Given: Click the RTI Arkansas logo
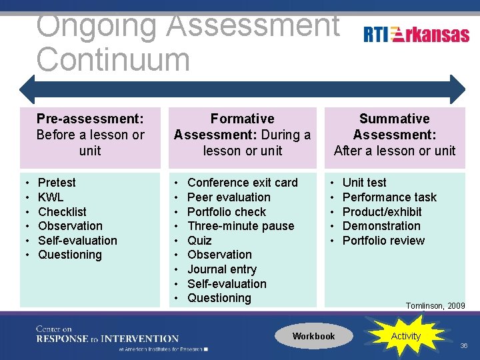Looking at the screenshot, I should pos(417,35).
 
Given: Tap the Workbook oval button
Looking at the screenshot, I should pos(313,336).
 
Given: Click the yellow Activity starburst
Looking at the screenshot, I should pos(405,336).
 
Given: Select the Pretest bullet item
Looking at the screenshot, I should pos(57,183).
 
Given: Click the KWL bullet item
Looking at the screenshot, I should pos(51,197).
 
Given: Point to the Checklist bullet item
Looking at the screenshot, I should pos(62,212).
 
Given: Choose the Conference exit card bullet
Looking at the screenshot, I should pos(242,183).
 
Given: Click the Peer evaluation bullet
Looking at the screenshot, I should pos(229,197).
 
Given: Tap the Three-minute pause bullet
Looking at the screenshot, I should pos(240,226).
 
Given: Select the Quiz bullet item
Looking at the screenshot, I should pos(199,241).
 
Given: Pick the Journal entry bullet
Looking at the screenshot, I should pos(221,269).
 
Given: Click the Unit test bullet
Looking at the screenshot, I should pos(364,183).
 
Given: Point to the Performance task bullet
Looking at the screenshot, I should pos(389,197).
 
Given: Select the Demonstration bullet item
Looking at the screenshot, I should pos(381,226).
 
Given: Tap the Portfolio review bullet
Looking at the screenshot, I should pos(383,241).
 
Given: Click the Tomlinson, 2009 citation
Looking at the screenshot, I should pos(435,306).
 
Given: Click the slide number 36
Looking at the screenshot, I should pos(464,346).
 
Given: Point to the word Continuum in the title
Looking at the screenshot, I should pos(113,59).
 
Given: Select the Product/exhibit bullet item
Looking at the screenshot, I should pos(382,212).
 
